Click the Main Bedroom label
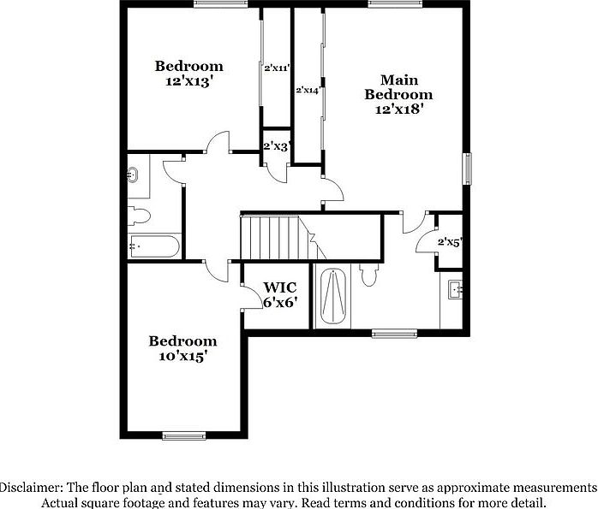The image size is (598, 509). tap(398, 86)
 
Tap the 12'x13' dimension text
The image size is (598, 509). tap(188, 82)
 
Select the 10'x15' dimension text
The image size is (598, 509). tap(182, 356)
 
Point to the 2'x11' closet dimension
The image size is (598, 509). tap(277, 67)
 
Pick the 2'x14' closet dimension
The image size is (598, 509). tap(308, 89)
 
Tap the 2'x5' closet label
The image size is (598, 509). tap(450, 242)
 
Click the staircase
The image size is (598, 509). tap(270, 237)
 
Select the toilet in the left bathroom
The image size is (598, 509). tap(139, 216)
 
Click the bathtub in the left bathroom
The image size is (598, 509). tap(154, 247)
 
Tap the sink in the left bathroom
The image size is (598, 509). tap(134, 176)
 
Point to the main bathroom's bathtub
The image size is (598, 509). tap(333, 297)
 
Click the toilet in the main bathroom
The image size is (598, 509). tap(370, 275)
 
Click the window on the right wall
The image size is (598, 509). tap(468, 168)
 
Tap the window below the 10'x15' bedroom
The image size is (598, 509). tap(184, 436)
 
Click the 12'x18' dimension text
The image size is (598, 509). tap(398, 109)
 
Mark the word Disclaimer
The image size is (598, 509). tap(30, 486)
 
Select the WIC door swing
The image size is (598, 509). tap(252, 298)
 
